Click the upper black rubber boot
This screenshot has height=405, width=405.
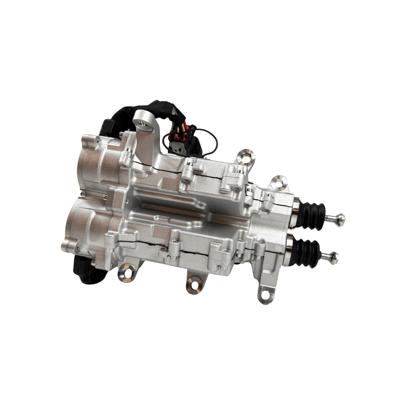click(x=312, y=215)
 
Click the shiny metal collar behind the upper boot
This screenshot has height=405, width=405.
click(x=295, y=211)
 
